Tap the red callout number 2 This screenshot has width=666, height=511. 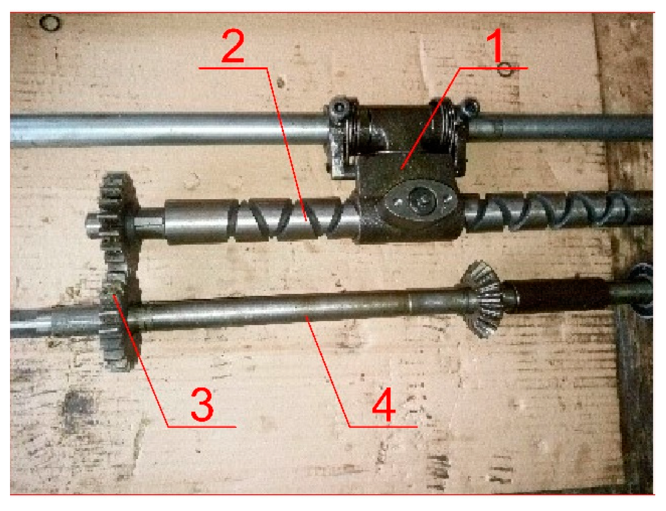233,46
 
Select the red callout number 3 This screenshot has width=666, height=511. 202,404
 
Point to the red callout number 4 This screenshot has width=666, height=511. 384,404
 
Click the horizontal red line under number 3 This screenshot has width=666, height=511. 202,427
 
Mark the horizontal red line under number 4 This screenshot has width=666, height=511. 383,427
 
